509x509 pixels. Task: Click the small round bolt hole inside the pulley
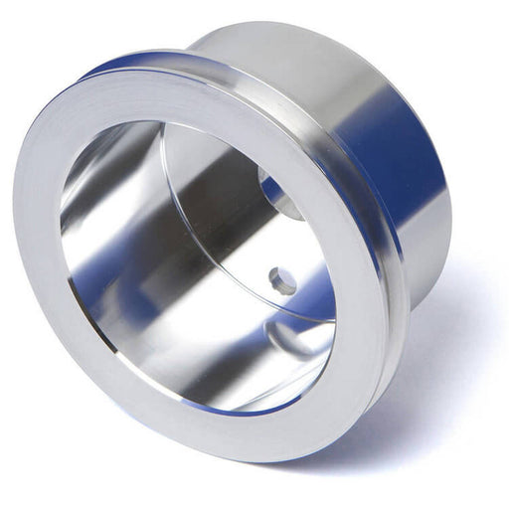pyautogui.click(x=282, y=281)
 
